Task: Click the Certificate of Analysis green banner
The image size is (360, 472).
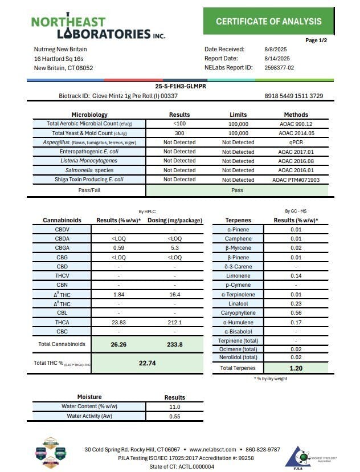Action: (x=268, y=22)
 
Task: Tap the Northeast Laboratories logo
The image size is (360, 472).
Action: (x=98, y=27)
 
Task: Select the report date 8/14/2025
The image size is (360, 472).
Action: (x=277, y=59)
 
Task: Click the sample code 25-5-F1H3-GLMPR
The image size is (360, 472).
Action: (x=179, y=87)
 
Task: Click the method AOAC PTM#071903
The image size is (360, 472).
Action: (x=296, y=180)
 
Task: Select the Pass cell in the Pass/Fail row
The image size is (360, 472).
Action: (x=238, y=189)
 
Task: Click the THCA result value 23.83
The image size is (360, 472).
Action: (x=118, y=322)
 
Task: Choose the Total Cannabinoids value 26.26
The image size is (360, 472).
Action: (x=118, y=344)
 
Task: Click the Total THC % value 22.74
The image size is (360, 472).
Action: (x=148, y=363)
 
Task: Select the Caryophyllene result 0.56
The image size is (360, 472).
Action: (x=296, y=312)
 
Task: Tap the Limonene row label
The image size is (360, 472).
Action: (x=238, y=275)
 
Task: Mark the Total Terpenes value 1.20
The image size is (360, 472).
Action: (x=296, y=368)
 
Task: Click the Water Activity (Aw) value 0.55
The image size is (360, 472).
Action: (x=175, y=416)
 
